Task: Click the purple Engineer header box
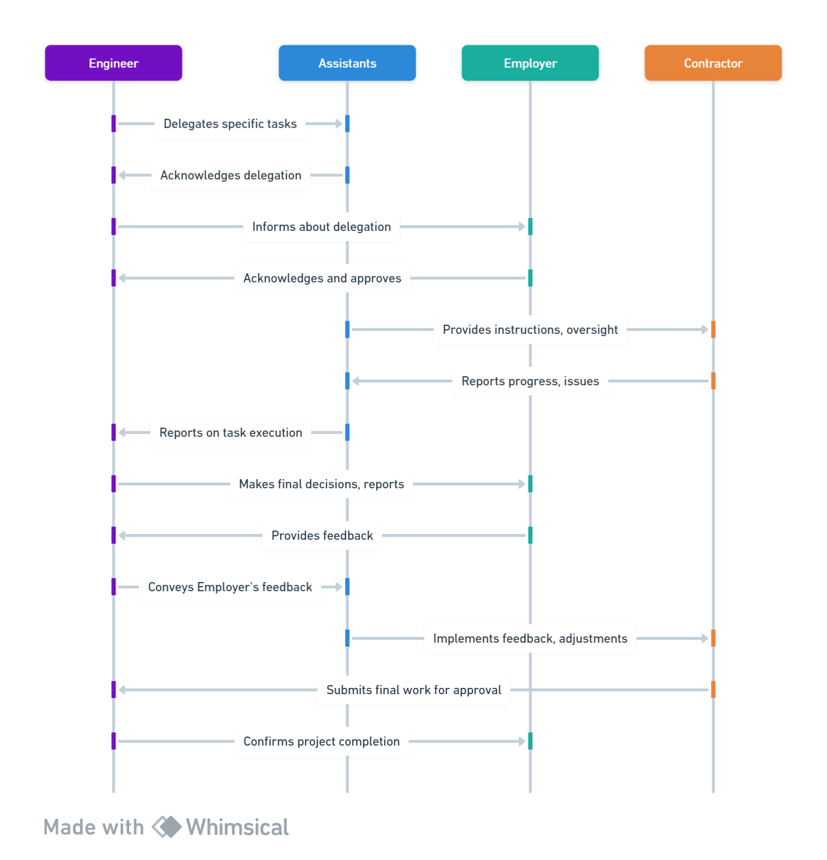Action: click(x=113, y=63)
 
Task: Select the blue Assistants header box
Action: click(x=347, y=63)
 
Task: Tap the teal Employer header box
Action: click(x=530, y=63)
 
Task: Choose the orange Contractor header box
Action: click(x=713, y=63)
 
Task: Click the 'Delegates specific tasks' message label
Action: click(x=230, y=124)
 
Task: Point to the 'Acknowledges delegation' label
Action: click(x=230, y=175)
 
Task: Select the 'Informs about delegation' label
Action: click(x=321, y=226)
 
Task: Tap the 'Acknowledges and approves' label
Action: click(x=322, y=278)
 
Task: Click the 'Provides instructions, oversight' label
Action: click(x=530, y=329)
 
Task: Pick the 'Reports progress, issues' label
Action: click(x=530, y=381)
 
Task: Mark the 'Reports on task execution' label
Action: click(x=230, y=432)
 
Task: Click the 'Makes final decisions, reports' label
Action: click(x=321, y=484)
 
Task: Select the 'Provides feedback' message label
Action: click(x=322, y=535)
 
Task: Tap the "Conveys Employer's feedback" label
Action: click(x=230, y=587)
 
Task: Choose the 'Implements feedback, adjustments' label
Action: click(x=530, y=638)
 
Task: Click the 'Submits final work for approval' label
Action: click(x=413, y=690)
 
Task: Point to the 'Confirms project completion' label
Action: click(x=321, y=741)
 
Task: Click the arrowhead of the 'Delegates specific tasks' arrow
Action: click(x=339, y=124)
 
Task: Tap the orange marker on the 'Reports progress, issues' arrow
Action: click(x=713, y=381)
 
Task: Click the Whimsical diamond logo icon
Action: click(x=166, y=827)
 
